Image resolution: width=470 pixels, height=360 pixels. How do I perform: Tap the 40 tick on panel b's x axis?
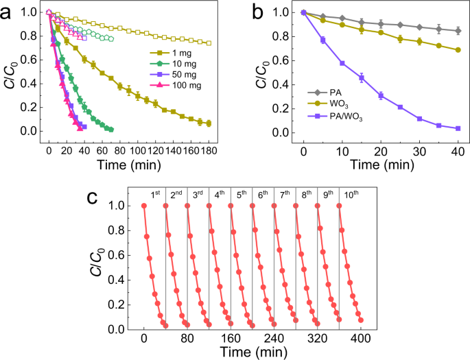coord(457,149)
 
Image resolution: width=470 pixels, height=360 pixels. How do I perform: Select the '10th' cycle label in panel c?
coord(351,193)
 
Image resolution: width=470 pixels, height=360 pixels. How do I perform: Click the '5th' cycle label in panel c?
coord(242,193)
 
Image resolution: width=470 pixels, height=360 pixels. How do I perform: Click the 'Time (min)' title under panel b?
coord(381,164)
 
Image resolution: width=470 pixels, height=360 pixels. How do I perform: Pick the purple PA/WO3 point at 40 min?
coord(457,128)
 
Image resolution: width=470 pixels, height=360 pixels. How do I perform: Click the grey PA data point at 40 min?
coord(457,30)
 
